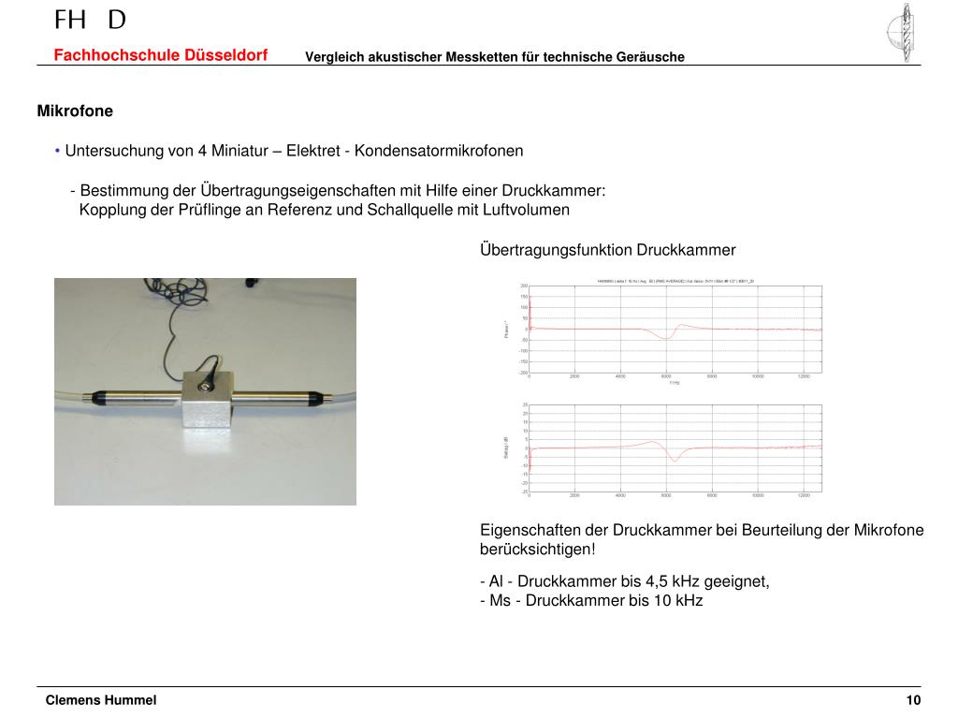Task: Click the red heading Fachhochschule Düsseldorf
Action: tap(160, 55)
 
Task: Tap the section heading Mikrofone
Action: tap(75, 111)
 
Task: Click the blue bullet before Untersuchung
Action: tap(58, 151)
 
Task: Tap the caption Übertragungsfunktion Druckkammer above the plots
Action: tap(607, 250)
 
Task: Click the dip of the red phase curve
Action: tap(665, 338)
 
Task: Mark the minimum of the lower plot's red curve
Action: tap(674, 461)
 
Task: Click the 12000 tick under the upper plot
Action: tap(803, 376)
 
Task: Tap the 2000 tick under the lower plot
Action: tap(574, 495)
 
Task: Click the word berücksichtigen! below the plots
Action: tap(537, 549)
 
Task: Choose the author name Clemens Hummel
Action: tap(101, 700)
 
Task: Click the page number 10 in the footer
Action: tap(913, 700)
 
